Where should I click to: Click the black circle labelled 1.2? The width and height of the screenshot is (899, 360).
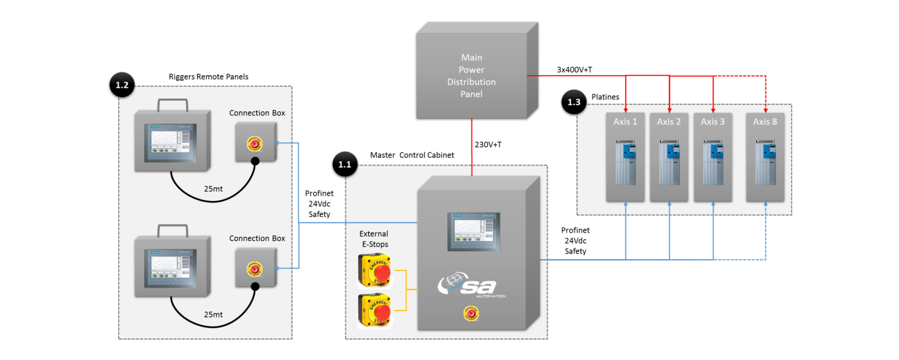coord(122,85)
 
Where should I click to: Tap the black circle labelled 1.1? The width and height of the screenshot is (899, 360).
coord(344,164)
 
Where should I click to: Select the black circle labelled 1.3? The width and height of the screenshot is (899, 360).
coord(573,102)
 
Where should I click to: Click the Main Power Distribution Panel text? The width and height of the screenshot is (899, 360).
coord(471,76)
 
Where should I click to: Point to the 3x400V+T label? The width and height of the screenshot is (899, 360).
coord(574,70)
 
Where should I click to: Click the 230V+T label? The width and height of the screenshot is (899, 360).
coord(488,144)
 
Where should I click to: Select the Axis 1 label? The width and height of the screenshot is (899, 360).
coord(625,122)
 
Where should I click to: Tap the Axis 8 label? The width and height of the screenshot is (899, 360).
coord(765,122)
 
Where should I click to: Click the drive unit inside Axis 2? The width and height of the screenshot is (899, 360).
coord(669,162)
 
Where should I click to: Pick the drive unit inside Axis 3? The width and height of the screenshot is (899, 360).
coord(713,162)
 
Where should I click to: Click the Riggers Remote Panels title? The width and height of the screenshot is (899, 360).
coord(208,77)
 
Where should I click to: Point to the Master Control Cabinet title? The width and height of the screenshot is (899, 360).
coord(412,155)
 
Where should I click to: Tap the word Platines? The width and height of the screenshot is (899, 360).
coord(605,97)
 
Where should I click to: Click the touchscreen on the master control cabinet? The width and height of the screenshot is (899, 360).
coord(473,232)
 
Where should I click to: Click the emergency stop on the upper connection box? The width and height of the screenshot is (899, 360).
coord(255,144)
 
